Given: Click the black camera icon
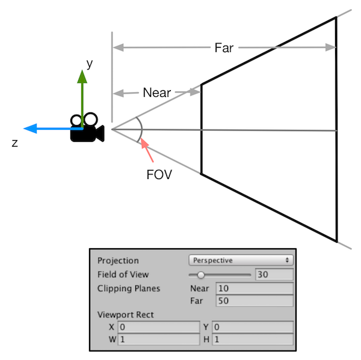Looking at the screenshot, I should [x=87, y=127].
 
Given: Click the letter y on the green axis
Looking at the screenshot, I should [x=90, y=63].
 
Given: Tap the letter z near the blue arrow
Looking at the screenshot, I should [x=15, y=143].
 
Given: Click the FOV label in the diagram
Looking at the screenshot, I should [x=159, y=176].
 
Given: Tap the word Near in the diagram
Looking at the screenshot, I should [x=156, y=93].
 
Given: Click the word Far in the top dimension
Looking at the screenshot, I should [x=224, y=47].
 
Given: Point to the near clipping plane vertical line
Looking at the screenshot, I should [x=201, y=129].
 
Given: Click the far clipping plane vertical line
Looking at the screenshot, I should [x=336, y=129].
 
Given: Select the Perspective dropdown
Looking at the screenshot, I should [x=241, y=261].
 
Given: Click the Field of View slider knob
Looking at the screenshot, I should [x=201, y=275].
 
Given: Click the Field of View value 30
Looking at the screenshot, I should [x=274, y=275].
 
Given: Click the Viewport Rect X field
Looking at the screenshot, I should [x=158, y=328].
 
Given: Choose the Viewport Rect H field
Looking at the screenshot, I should [x=253, y=340].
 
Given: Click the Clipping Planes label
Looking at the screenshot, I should [x=129, y=288].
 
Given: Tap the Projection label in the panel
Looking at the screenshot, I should [x=118, y=261].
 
